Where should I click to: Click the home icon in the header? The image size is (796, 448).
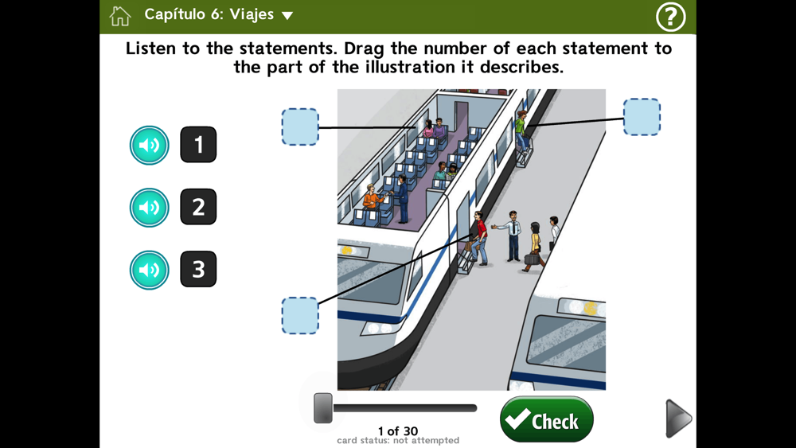(120, 16)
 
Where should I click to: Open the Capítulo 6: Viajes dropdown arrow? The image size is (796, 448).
(287, 16)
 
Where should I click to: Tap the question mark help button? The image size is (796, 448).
(670, 17)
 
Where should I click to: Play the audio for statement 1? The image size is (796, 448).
(150, 145)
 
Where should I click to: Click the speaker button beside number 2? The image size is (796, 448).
(150, 208)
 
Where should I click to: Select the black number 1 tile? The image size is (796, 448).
(198, 145)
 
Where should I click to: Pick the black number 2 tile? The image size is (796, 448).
(198, 207)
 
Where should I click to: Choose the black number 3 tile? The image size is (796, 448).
(198, 269)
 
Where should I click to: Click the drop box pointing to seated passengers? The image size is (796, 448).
(300, 127)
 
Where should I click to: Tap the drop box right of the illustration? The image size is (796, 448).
(642, 117)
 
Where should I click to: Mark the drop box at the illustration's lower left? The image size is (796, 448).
(300, 316)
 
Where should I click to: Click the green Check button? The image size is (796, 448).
(546, 419)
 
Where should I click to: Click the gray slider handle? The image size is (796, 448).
(323, 408)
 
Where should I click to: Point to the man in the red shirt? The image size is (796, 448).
(479, 238)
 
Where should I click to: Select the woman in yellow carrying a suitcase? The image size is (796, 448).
(534, 247)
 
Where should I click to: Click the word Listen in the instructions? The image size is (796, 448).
(151, 49)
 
